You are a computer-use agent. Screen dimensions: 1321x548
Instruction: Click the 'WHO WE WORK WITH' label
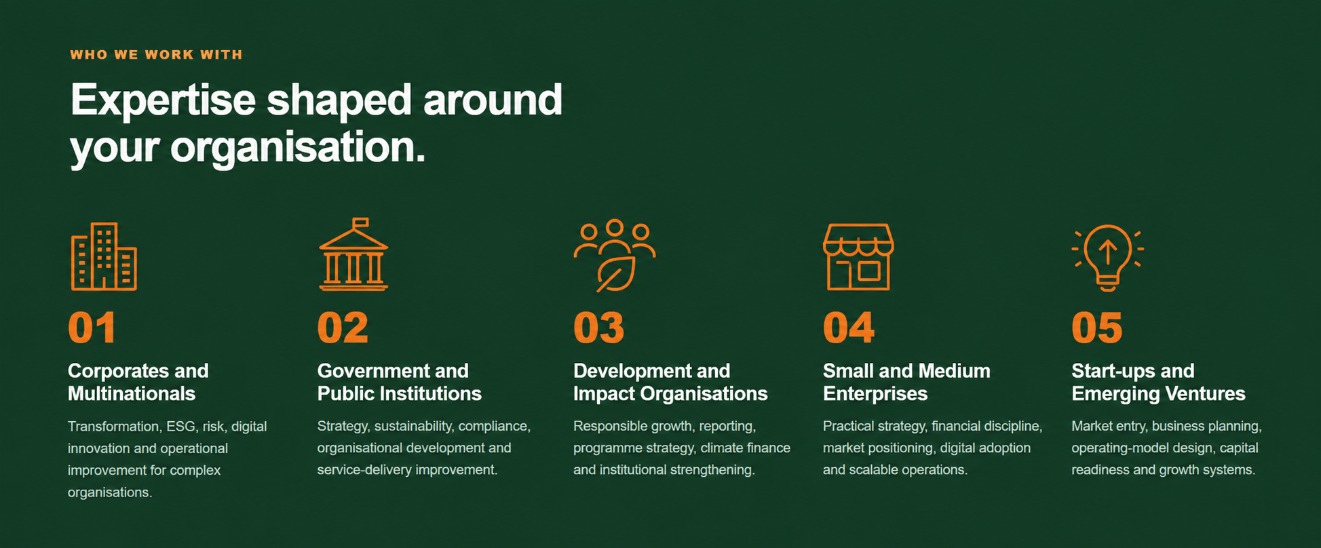(x=156, y=55)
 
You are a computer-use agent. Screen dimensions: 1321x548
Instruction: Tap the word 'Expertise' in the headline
(x=163, y=100)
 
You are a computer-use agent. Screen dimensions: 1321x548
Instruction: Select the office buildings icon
(x=104, y=256)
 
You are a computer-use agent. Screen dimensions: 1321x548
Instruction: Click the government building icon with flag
(x=353, y=254)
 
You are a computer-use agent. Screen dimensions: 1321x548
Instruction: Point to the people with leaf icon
(x=615, y=256)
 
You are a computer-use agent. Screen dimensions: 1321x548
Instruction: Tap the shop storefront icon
(x=858, y=256)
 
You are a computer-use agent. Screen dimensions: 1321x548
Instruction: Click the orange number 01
(x=92, y=328)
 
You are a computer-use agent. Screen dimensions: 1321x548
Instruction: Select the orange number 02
(x=343, y=328)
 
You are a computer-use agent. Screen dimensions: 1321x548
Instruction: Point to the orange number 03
(x=598, y=328)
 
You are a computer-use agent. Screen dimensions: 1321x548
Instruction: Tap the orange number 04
(x=849, y=328)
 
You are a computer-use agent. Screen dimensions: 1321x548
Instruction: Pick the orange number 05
(x=1097, y=328)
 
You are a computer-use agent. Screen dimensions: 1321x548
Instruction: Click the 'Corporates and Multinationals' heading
(x=138, y=383)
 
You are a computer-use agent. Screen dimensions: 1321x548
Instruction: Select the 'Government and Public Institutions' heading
(x=399, y=383)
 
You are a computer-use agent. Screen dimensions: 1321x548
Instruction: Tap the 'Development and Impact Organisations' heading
(x=670, y=383)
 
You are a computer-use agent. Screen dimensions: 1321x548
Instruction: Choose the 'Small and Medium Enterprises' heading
(x=906, y=383)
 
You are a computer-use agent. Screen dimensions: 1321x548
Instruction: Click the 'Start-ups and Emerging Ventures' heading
(x=1158, y=383)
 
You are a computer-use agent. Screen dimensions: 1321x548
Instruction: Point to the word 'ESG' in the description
(x=180, y=427)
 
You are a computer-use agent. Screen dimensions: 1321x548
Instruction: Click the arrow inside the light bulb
(x=1107, y=252)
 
